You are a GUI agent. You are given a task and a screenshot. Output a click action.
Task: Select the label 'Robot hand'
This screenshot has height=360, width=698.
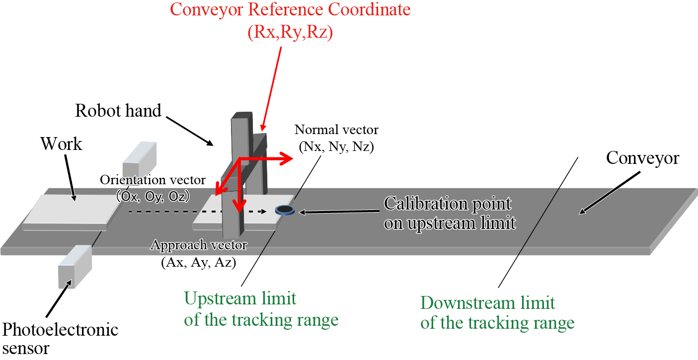[118, 111]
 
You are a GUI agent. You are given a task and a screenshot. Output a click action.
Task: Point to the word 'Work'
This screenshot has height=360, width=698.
[62, 144]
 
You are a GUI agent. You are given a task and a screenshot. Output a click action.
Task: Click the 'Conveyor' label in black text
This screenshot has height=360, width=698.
[642, 158]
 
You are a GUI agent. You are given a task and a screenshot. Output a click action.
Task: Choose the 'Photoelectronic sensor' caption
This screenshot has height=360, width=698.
[60, 338]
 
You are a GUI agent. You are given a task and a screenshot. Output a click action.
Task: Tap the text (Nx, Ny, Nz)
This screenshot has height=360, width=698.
[336, 147]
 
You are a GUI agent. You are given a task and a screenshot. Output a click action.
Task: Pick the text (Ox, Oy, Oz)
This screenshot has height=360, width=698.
[153, 196]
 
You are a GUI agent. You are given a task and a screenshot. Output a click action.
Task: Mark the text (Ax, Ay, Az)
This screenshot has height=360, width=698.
[199, 262]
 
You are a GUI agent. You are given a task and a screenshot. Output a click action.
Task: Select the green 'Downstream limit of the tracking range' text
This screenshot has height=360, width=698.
[497, 312]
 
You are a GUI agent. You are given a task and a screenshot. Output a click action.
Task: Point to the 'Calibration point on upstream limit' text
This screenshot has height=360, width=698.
[450, 213]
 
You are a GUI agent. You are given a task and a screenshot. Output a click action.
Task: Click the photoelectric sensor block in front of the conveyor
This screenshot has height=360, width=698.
[75, 267]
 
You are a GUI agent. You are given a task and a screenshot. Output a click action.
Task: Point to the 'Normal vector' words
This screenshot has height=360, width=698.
[336, 130]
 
